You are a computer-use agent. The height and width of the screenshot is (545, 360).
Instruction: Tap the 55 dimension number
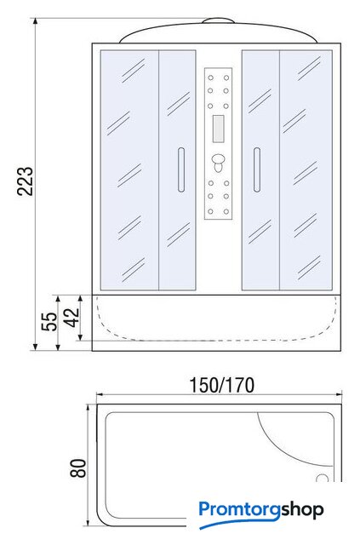coord(49,322)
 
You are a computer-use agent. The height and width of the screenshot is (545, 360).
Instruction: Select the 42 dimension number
coord(72,318)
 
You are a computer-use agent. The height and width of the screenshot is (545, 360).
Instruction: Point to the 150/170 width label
coord(221,385)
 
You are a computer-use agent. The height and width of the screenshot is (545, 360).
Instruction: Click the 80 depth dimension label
coord(78,468)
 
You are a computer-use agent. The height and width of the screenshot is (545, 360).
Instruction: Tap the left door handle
coord(181,169)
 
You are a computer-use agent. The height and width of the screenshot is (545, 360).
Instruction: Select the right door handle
coord(257,169)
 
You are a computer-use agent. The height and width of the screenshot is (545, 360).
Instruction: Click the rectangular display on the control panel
coord(218,129)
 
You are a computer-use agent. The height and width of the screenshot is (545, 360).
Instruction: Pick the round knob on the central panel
coord(218,162)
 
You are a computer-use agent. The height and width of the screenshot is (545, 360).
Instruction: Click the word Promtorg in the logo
coord(240,510)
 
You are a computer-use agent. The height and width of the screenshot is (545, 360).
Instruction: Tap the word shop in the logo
coord(302,510)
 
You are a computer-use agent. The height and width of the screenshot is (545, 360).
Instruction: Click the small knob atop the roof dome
coord(218,20)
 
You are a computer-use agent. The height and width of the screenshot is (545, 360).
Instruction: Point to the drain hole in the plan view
coord(323,478)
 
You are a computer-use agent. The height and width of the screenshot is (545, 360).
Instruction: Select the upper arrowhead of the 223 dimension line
coord(35,21)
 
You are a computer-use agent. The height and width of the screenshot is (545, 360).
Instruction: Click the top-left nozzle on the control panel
coord(210,77)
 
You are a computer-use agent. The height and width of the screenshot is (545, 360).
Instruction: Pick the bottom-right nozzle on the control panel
coord(226,211)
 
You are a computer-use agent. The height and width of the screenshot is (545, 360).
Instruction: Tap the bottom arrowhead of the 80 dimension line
coord(89,522)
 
